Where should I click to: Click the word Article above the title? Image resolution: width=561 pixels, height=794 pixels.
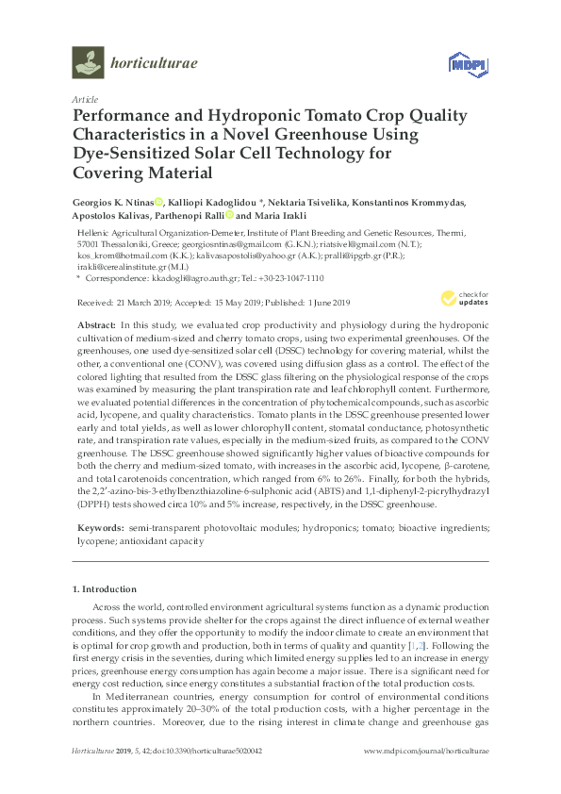[85, 98]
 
